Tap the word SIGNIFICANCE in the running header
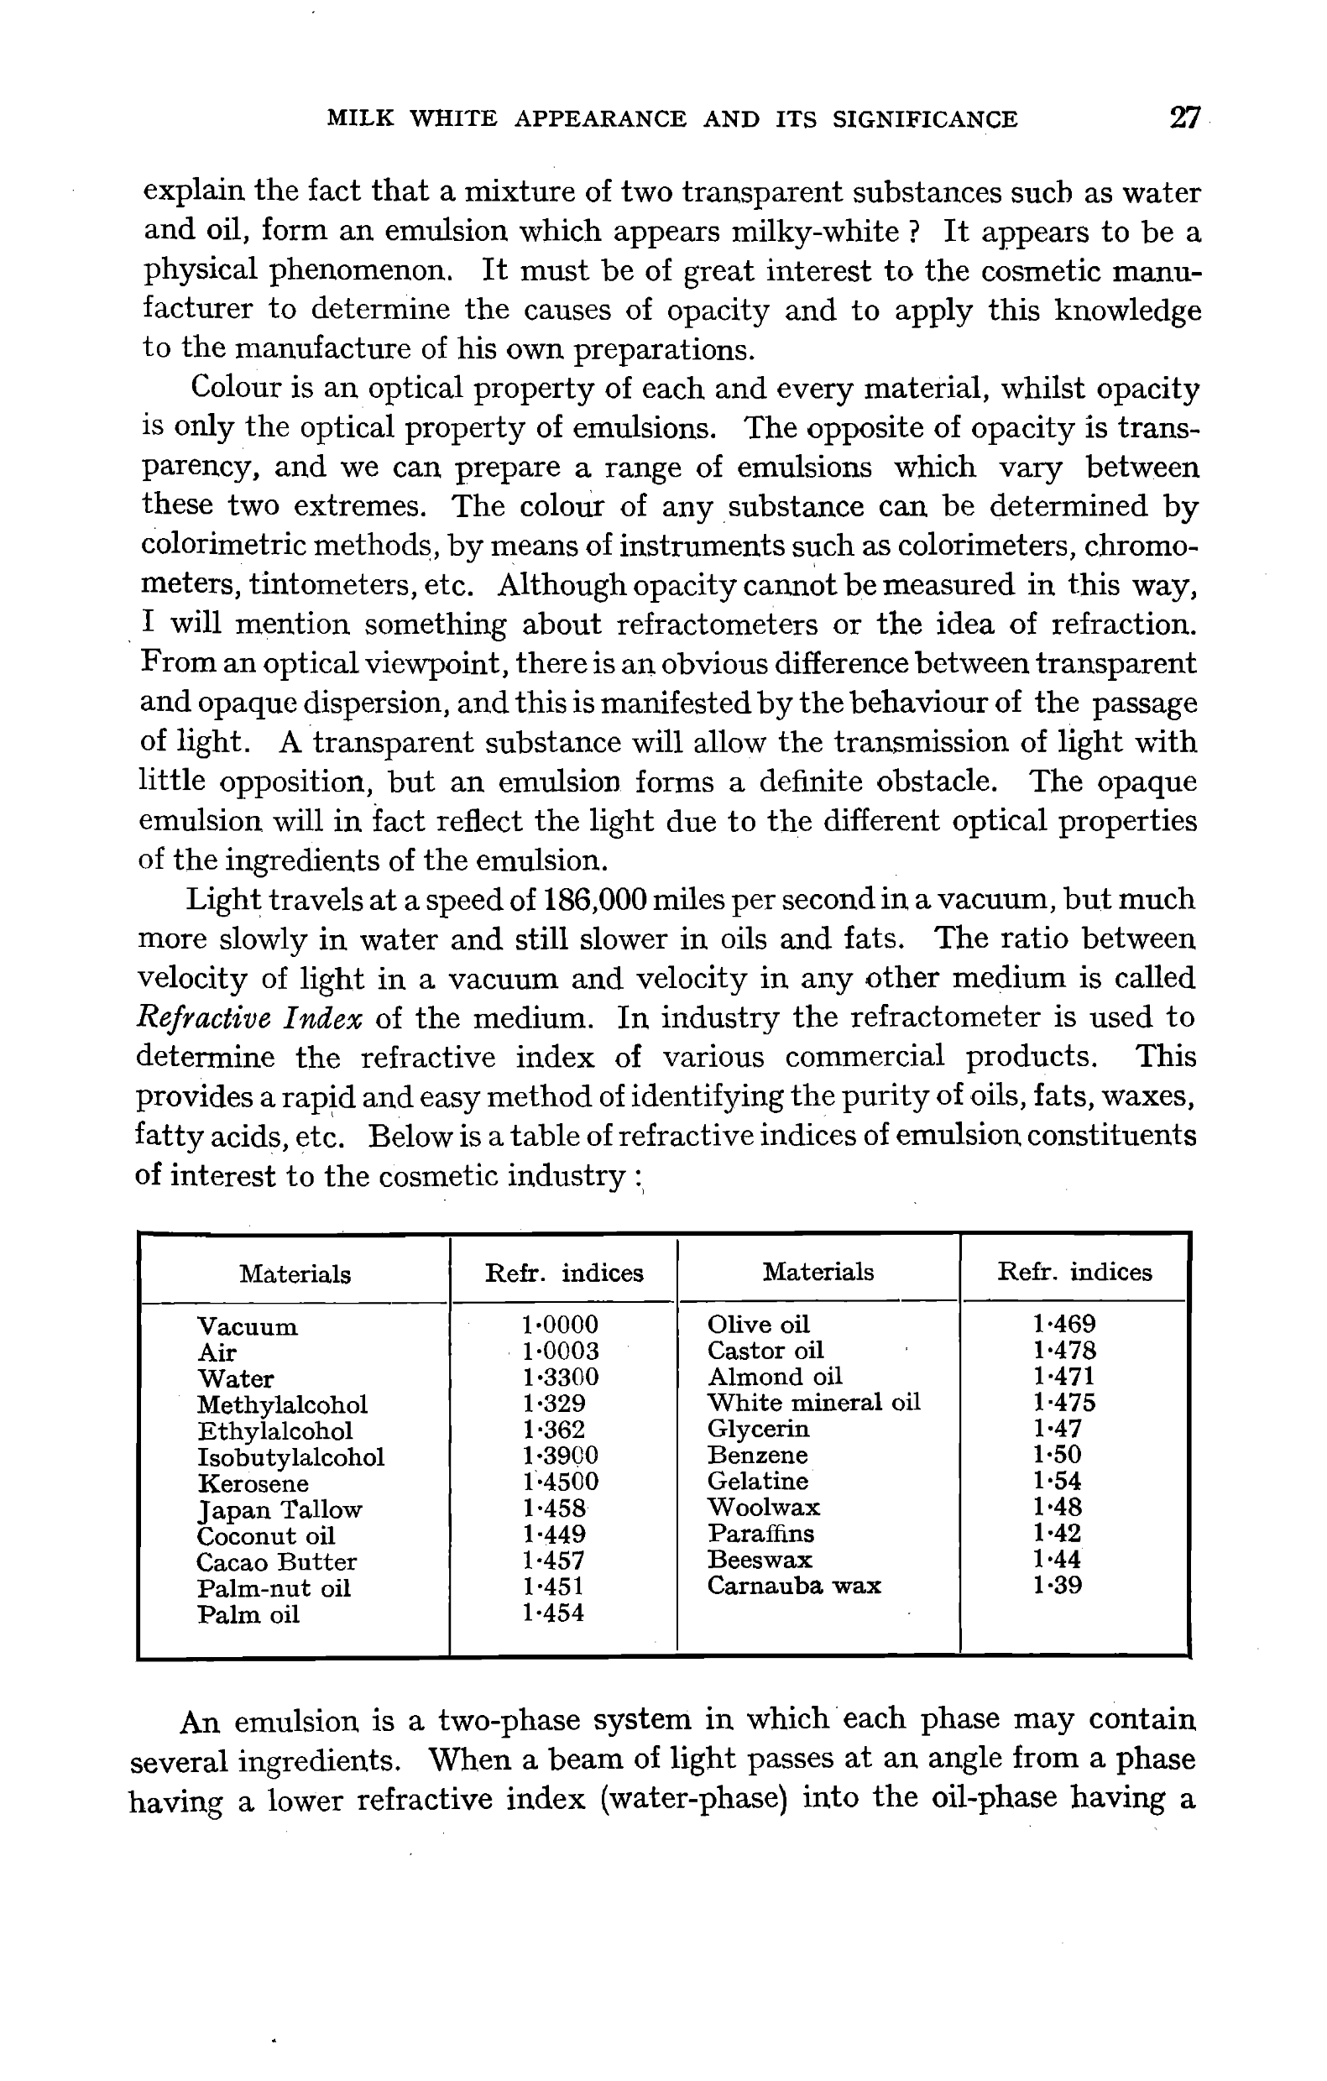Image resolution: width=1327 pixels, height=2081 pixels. [924, 119]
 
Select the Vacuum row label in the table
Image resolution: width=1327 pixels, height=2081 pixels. [247, 1326]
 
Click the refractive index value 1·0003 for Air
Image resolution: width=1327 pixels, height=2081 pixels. [560, 1351]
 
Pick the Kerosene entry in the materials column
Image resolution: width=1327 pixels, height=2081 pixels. [253, 1484]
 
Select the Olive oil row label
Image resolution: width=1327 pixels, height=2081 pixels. [758, 1325]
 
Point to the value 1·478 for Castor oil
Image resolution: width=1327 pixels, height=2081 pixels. [1063, 1350]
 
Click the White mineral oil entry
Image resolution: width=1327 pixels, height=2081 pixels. [813, 1402]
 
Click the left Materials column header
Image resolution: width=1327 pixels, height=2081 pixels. [295, 1273]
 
